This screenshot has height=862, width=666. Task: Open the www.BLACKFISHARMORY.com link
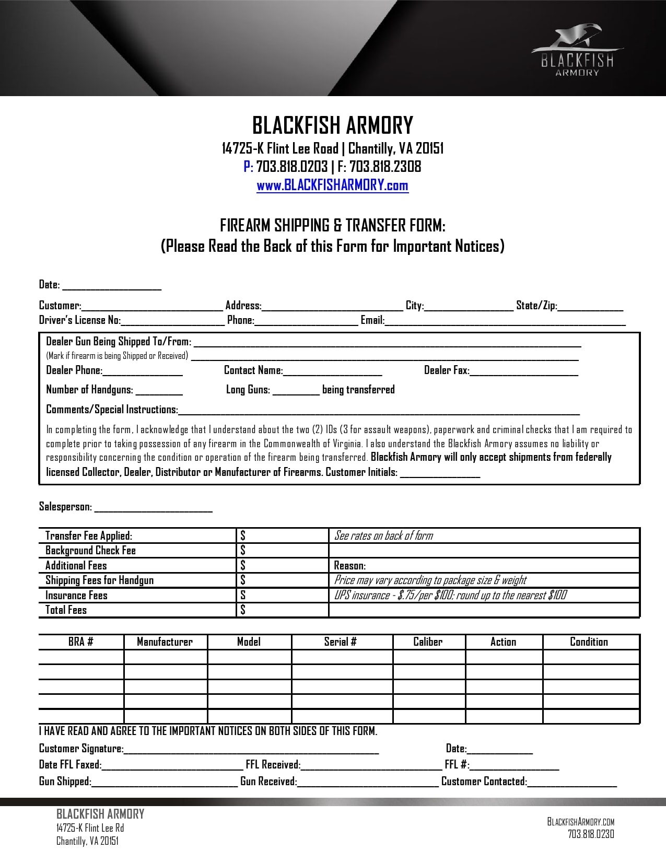point(332,185)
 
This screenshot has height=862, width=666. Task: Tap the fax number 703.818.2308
point(385,167)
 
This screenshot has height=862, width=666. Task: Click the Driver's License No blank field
point(173,321)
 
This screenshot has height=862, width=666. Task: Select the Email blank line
point(505,321)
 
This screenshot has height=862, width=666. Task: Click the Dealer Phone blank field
point(143,371)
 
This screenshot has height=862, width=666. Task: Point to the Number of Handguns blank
point(159,390)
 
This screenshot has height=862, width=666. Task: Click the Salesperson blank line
point(153,507)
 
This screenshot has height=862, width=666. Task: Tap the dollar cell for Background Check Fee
point(282,551)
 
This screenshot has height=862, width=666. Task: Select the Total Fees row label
point(66,610)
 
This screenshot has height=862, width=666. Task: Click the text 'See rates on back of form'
point(383,535)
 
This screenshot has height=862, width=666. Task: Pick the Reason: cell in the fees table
point(483,566)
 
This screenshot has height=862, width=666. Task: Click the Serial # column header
point(341,642)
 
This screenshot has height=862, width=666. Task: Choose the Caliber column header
point(428,642)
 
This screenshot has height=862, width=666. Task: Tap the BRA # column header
point(81,642)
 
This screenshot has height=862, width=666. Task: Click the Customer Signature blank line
point(251,749)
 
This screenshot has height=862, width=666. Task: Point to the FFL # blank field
point(515,765)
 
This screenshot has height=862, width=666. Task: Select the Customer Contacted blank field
point(572,782)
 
